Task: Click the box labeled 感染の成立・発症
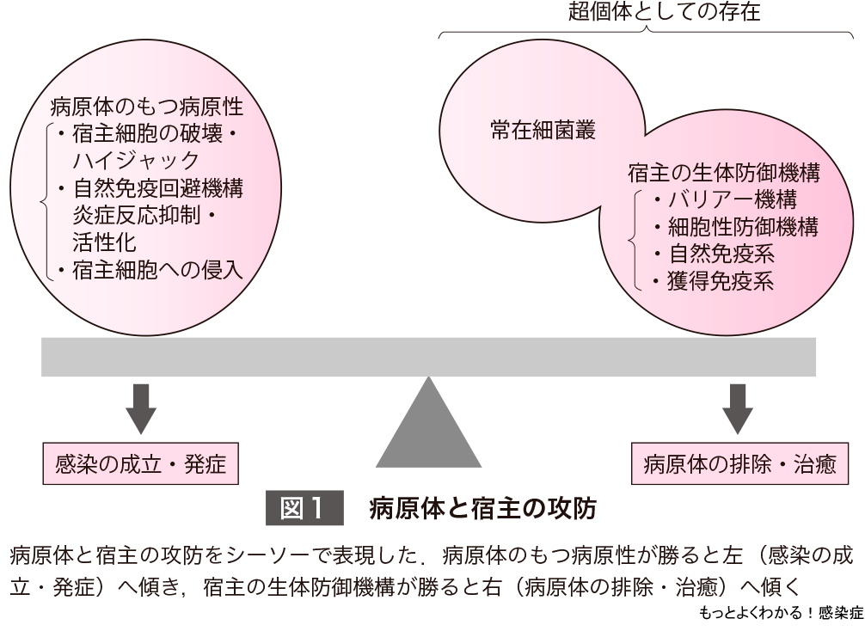click(140, 464)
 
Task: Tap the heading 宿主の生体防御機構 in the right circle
click(721, 173)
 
